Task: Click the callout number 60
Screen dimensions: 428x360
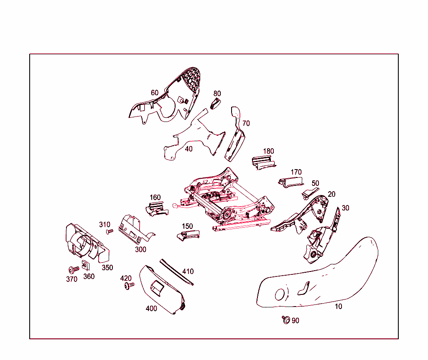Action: point(155,93)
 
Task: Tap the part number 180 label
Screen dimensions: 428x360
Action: point(268,151)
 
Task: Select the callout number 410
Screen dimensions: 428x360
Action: point(188,271)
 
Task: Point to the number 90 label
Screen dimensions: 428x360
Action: point(296,320)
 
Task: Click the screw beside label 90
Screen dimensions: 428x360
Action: point(286,319)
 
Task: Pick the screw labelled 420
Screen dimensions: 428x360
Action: point(129,286)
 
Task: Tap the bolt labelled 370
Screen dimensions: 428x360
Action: point(74,270)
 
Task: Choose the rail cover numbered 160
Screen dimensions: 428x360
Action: point(157,209)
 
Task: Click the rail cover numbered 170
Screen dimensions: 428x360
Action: point(290,182)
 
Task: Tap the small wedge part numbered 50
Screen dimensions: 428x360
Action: point(309,193)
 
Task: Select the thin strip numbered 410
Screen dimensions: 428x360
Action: point(176,272)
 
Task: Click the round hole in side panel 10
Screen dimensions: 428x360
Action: point(280,294)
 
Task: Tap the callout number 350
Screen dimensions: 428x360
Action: point(107,268)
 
